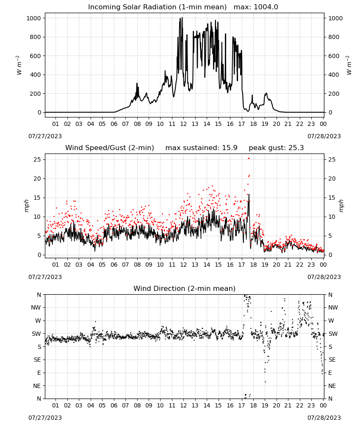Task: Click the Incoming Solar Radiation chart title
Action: tap(157, 7)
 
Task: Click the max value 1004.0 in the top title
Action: tap(266, 7)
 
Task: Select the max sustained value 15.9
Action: tap(230, 148)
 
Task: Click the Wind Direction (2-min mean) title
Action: tap(185, 288)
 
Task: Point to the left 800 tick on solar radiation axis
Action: tap(36, 37)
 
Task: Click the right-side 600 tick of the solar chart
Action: tap(334, 56)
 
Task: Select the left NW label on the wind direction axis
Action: tap(36, 307)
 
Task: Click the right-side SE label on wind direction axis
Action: tap(332, 360)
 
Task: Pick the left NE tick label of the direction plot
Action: tap(37, 386)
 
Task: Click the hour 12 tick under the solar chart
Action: tap(183, 124)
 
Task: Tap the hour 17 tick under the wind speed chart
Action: tap(241, 265)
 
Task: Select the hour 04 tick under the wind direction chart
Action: tap(91, 405)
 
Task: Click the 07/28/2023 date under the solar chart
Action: tap(324, 136)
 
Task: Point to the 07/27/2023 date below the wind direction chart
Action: tap(45, 418)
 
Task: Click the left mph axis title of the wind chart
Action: tap(26, 206)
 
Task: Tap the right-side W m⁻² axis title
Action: tap(349, 65)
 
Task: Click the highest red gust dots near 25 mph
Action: tap(249, 159)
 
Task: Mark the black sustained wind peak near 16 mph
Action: tap(249, 195)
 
